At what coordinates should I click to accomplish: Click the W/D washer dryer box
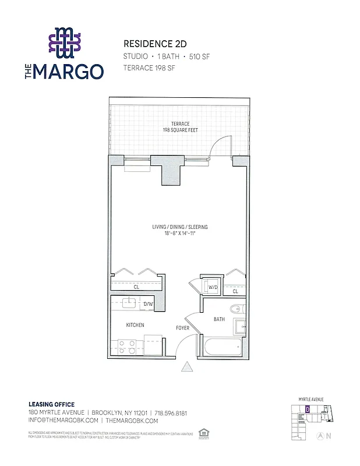pos(213,287)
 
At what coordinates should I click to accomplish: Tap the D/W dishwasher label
pos(148,304)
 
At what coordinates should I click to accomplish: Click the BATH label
pos(219,319)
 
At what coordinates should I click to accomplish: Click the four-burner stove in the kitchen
pos(127,347)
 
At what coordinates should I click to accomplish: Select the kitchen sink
pos(129,302)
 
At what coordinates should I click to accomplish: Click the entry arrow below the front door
pos(188,366)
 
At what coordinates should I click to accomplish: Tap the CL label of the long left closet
pos(136,287)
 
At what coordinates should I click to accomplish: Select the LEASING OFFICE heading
pos(51,404)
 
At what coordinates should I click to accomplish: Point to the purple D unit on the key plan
pos(306,409)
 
